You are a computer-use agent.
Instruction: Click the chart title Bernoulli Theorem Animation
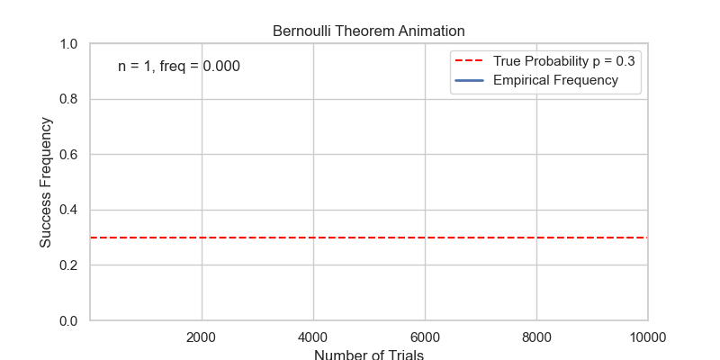(369, 31)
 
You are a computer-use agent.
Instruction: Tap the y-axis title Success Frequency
(45, 182)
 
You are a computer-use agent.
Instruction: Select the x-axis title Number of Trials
(369, 354)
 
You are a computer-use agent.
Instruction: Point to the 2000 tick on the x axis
(202, 337)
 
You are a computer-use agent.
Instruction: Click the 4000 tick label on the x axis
(313, 337)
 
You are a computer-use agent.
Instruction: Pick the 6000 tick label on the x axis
(425, 337)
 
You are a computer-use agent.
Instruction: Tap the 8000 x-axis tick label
(536, 337)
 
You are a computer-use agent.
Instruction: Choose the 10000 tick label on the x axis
(648, 337)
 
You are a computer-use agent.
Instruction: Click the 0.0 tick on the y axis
(69, 320)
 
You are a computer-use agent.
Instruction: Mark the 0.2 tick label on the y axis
(69, 265)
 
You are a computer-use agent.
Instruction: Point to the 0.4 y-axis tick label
(69, 210)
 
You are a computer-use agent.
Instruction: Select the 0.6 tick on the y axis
(69, 155)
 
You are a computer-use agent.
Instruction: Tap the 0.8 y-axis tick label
(69, 99)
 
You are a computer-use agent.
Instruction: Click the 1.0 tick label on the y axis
(69, 44)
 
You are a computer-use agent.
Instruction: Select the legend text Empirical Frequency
(555, 80)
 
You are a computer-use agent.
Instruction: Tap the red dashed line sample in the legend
(471, 61)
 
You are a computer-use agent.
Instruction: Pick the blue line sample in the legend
(471, 80)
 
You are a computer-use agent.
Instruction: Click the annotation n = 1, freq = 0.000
(179, 67)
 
